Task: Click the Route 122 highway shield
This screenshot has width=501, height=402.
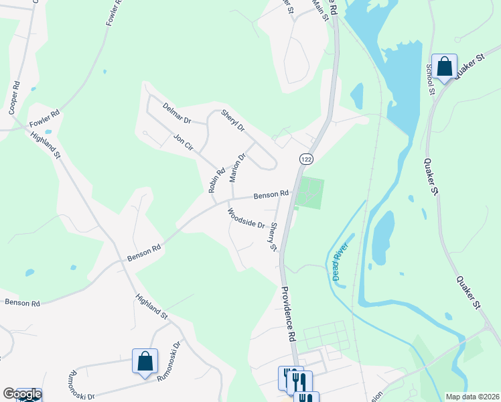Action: [x=306, y=159]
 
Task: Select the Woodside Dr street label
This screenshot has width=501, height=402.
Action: [x=246, y=218]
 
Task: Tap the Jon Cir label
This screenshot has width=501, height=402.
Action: [x=183, y=141]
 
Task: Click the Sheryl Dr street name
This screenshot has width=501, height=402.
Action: [x=233, y=119]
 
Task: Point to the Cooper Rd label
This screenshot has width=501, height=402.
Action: [x=15, y=98]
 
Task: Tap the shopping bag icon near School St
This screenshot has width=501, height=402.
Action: [x=444, y=66]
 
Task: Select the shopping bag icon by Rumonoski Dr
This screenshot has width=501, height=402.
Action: [x=145, y=361]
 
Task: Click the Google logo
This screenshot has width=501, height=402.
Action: [x=22, y=394]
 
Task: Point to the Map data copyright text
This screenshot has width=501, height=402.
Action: [x=473, y=397]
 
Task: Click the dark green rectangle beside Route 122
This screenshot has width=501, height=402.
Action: [x=309, y=193]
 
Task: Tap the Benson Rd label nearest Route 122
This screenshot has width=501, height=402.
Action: [x=271, y=195]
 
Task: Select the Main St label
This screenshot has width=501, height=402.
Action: [x=321, y=9]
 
